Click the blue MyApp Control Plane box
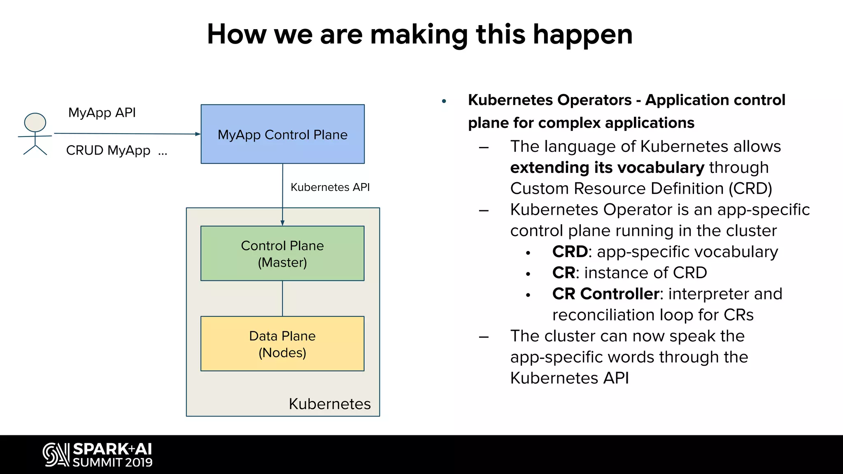(x=282, y=134)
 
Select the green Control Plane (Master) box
(x=282, y=253)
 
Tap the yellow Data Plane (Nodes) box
(x=282, y=344)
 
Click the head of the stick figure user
(x=35, y=122)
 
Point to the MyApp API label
(x=102, y=113)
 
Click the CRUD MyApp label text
(x=108, y=151)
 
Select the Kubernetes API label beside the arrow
(x=330, y=187)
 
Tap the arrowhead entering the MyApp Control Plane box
(x=198, y=134)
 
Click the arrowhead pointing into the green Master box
(x=282, y=223)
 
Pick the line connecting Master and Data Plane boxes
(x=282, y=298)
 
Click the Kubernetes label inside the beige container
(x=330, y=404)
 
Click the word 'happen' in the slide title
(x=582, y=35)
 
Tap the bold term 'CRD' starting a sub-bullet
(x=570, y=252)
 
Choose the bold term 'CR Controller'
(x=605, y=294)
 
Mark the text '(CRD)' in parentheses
(x=750, y=188)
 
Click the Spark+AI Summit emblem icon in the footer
(x=56, y=455)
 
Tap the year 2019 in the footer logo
(x=139, y=462)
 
